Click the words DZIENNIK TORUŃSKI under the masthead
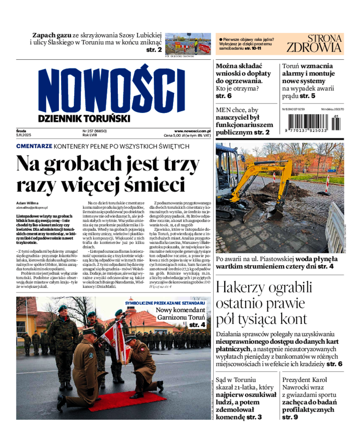pos(84,118)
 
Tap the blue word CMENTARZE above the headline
pos(34,146)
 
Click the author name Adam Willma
pos(27,203)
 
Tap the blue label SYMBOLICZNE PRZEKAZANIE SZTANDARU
pos(166,303)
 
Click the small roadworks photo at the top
pos(188,44)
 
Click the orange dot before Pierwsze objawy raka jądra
pos(221,40)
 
